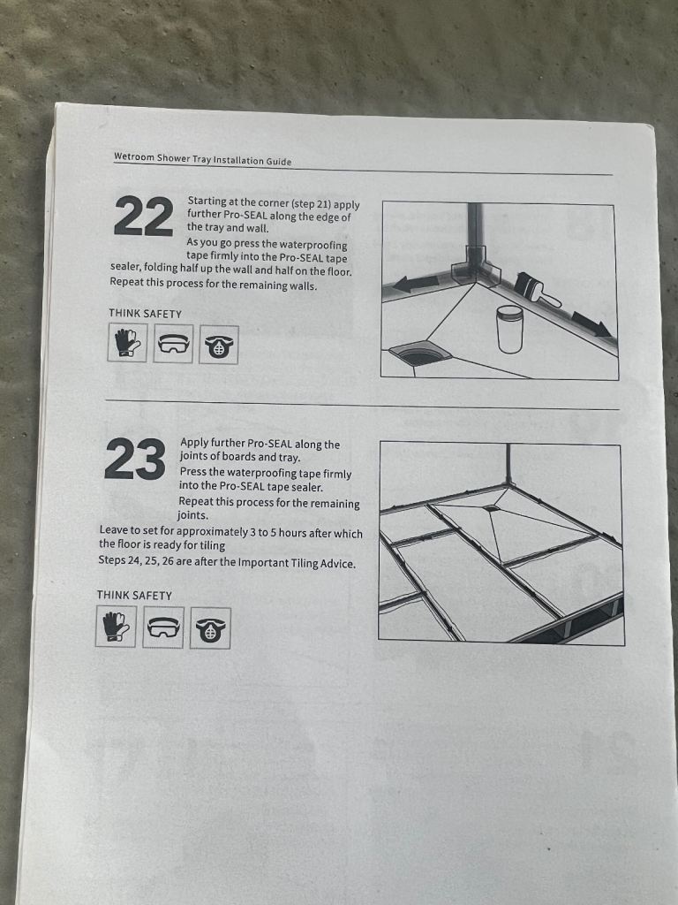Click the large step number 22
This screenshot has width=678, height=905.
(144, 217)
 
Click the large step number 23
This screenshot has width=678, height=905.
(135, 460)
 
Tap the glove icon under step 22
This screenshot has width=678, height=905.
(127, 342)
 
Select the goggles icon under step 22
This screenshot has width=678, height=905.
(173, 344)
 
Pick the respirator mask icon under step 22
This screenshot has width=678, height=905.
(219, 346)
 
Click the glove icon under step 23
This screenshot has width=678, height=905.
(116, 626)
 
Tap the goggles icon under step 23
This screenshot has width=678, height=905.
(163, 627)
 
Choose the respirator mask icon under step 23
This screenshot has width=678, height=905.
(210, 628)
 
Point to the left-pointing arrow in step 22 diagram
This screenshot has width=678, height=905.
(417, 284)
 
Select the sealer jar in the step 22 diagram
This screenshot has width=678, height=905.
(509, 328)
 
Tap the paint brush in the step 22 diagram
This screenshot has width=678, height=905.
(536, 290)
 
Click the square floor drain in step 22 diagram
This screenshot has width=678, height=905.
(420, 354)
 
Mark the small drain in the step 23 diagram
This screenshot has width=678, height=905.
(493, 508)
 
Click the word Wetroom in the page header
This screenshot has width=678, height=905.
(134, 156)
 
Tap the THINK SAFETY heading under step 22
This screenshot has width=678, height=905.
(146, 314)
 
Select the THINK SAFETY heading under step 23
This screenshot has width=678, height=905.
(134, 595)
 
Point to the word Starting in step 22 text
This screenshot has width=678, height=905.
(207, 202)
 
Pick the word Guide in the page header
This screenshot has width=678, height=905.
(278, 162)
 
